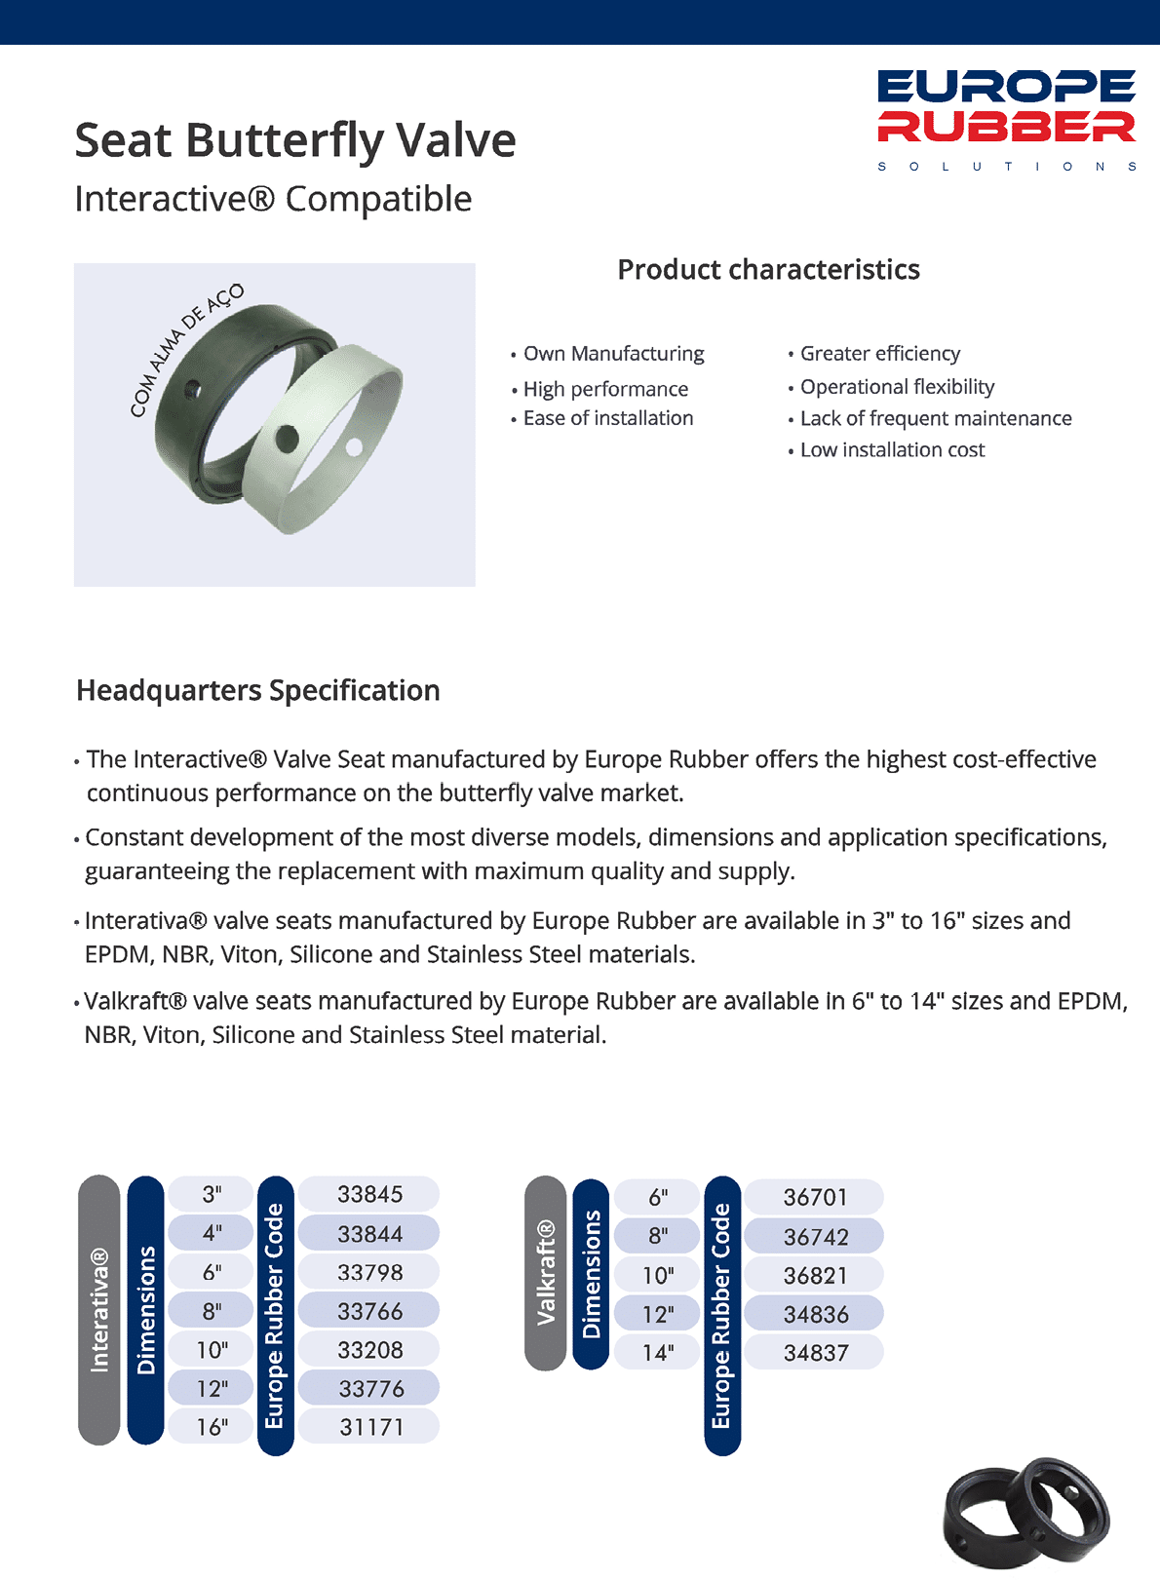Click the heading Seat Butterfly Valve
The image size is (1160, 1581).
point(294,140)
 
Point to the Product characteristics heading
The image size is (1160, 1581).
point(768,270)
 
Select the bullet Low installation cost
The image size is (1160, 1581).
point(892,450)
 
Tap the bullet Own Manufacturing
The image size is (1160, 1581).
point(613,354)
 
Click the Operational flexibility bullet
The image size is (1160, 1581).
point(897,387)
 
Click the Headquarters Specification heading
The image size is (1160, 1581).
point(258,690)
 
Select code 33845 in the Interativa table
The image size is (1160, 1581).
point(369,1194)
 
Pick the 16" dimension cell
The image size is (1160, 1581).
point(212,1427)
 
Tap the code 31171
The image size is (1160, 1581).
point(370,1427)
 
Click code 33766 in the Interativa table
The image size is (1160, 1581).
point(369,1311)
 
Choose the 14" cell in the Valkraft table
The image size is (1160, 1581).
point(658,1353)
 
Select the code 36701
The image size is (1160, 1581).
point(815,1197)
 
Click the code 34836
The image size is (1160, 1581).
point(815,1314)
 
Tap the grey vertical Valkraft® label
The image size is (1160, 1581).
point(545,1272)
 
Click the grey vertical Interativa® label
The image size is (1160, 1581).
point(98,1309)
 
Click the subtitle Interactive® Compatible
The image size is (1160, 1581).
point(273,199)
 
